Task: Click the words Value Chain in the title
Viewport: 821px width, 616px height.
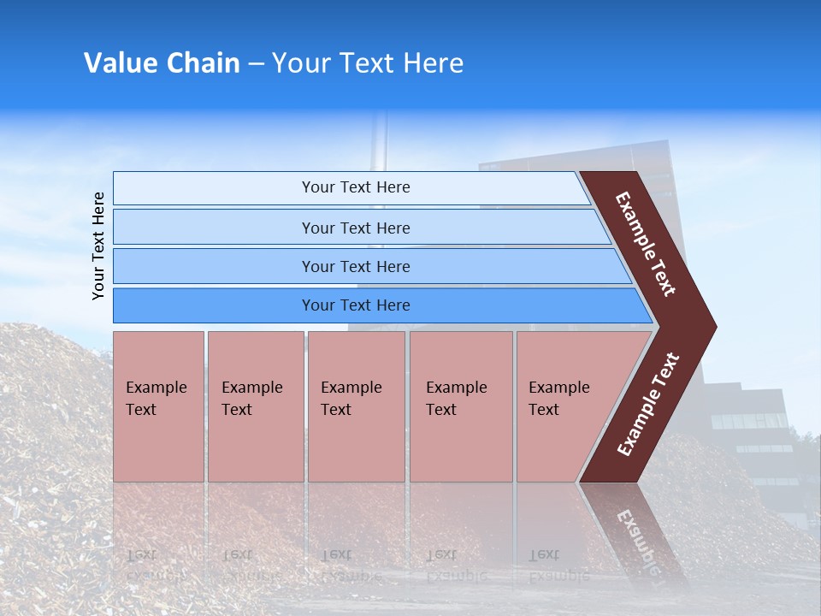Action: pyautogui.click(x=162, y=63)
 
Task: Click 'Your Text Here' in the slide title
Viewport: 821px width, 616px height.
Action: pyautogui.click(x=368, y=63)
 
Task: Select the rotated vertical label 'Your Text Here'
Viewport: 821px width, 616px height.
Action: pyautogui.click(x=99, y=246)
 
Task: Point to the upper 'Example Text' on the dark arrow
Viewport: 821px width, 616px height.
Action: pyautogui.click(x=646, y=244)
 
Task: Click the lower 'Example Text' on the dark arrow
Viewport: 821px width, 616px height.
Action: pyautogui.click(x=648, y=405)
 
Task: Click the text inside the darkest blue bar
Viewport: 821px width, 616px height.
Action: pyautogui.click(x=356, y=305)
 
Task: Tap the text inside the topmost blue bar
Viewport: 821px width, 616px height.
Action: pyautogui.click(x=356, y=187)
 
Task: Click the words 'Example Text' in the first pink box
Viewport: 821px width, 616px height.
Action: pyautogui.click(x=156, y=399)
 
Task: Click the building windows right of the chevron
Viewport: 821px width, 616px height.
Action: pyautogui.click(x=748, y=421)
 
